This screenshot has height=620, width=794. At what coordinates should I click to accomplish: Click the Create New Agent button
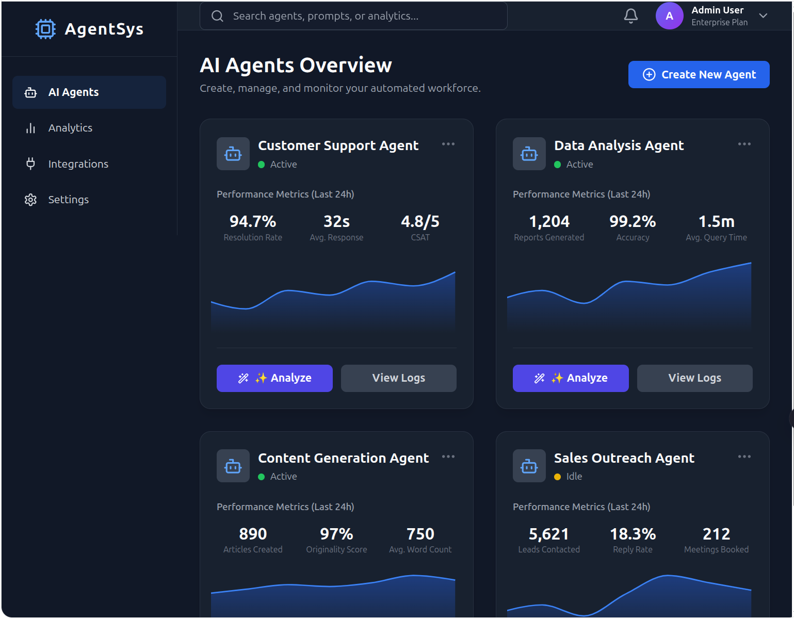(x=699, y=75)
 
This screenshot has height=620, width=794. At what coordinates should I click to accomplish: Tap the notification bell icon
(x=630, y=16)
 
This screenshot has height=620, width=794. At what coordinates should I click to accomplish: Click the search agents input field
(x=353, y=16)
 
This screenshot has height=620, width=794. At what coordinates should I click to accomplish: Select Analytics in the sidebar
(x=70, y=128)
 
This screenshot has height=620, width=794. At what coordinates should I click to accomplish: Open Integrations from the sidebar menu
(x=78, y=164)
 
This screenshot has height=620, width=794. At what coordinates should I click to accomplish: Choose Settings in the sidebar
(x=68, y=200)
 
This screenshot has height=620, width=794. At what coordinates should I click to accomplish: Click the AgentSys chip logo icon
(x=45, y=29)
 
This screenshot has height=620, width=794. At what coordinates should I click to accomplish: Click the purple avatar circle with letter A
(x=669, y=16)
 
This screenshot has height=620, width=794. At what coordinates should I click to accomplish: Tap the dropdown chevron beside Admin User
(x=763, y=16)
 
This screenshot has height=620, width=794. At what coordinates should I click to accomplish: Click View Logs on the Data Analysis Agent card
(x=694, y=378)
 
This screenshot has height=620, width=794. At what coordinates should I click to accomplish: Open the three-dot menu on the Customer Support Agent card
(x=448, y=144)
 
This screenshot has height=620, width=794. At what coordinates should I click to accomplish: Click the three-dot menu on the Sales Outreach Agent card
(x=744, y=456)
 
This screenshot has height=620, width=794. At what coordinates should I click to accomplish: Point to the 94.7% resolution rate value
(x=253, y=221)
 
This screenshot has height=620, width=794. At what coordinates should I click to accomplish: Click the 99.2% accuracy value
(x=633, y=221)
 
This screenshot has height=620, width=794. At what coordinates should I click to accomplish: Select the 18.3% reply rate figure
(x=633, y=534)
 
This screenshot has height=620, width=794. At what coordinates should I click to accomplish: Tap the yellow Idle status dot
(x=557, y=477)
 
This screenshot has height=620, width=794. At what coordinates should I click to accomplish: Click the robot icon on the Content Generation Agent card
(x=233, y=466)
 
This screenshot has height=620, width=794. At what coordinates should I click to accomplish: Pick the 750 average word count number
(x=420, y=534)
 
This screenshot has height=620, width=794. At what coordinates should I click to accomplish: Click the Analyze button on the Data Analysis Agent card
(x=571, y=378)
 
